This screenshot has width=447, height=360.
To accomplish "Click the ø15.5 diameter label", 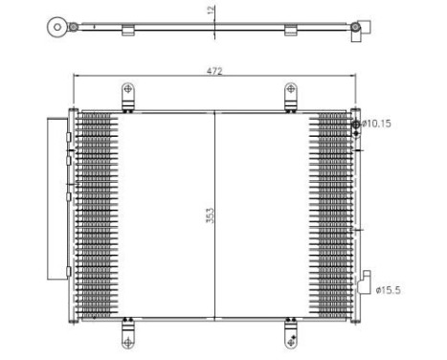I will coord(391,289).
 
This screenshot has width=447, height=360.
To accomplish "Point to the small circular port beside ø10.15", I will coord(356,124).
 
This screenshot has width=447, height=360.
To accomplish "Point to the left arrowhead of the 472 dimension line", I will coord(78,78).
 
